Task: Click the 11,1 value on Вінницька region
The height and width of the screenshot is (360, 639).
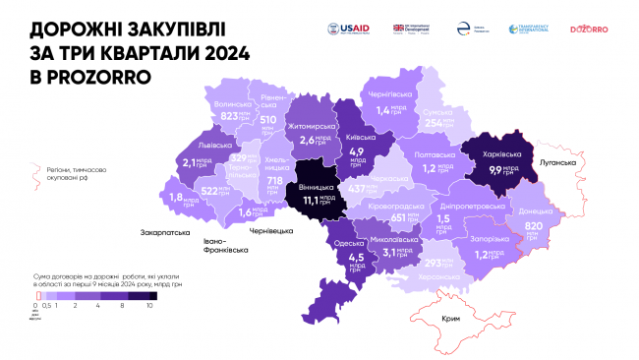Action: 314,201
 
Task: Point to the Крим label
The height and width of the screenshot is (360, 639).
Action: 451,321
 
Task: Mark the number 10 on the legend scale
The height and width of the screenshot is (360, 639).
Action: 149,306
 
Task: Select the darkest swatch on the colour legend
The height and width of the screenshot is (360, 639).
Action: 146,295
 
